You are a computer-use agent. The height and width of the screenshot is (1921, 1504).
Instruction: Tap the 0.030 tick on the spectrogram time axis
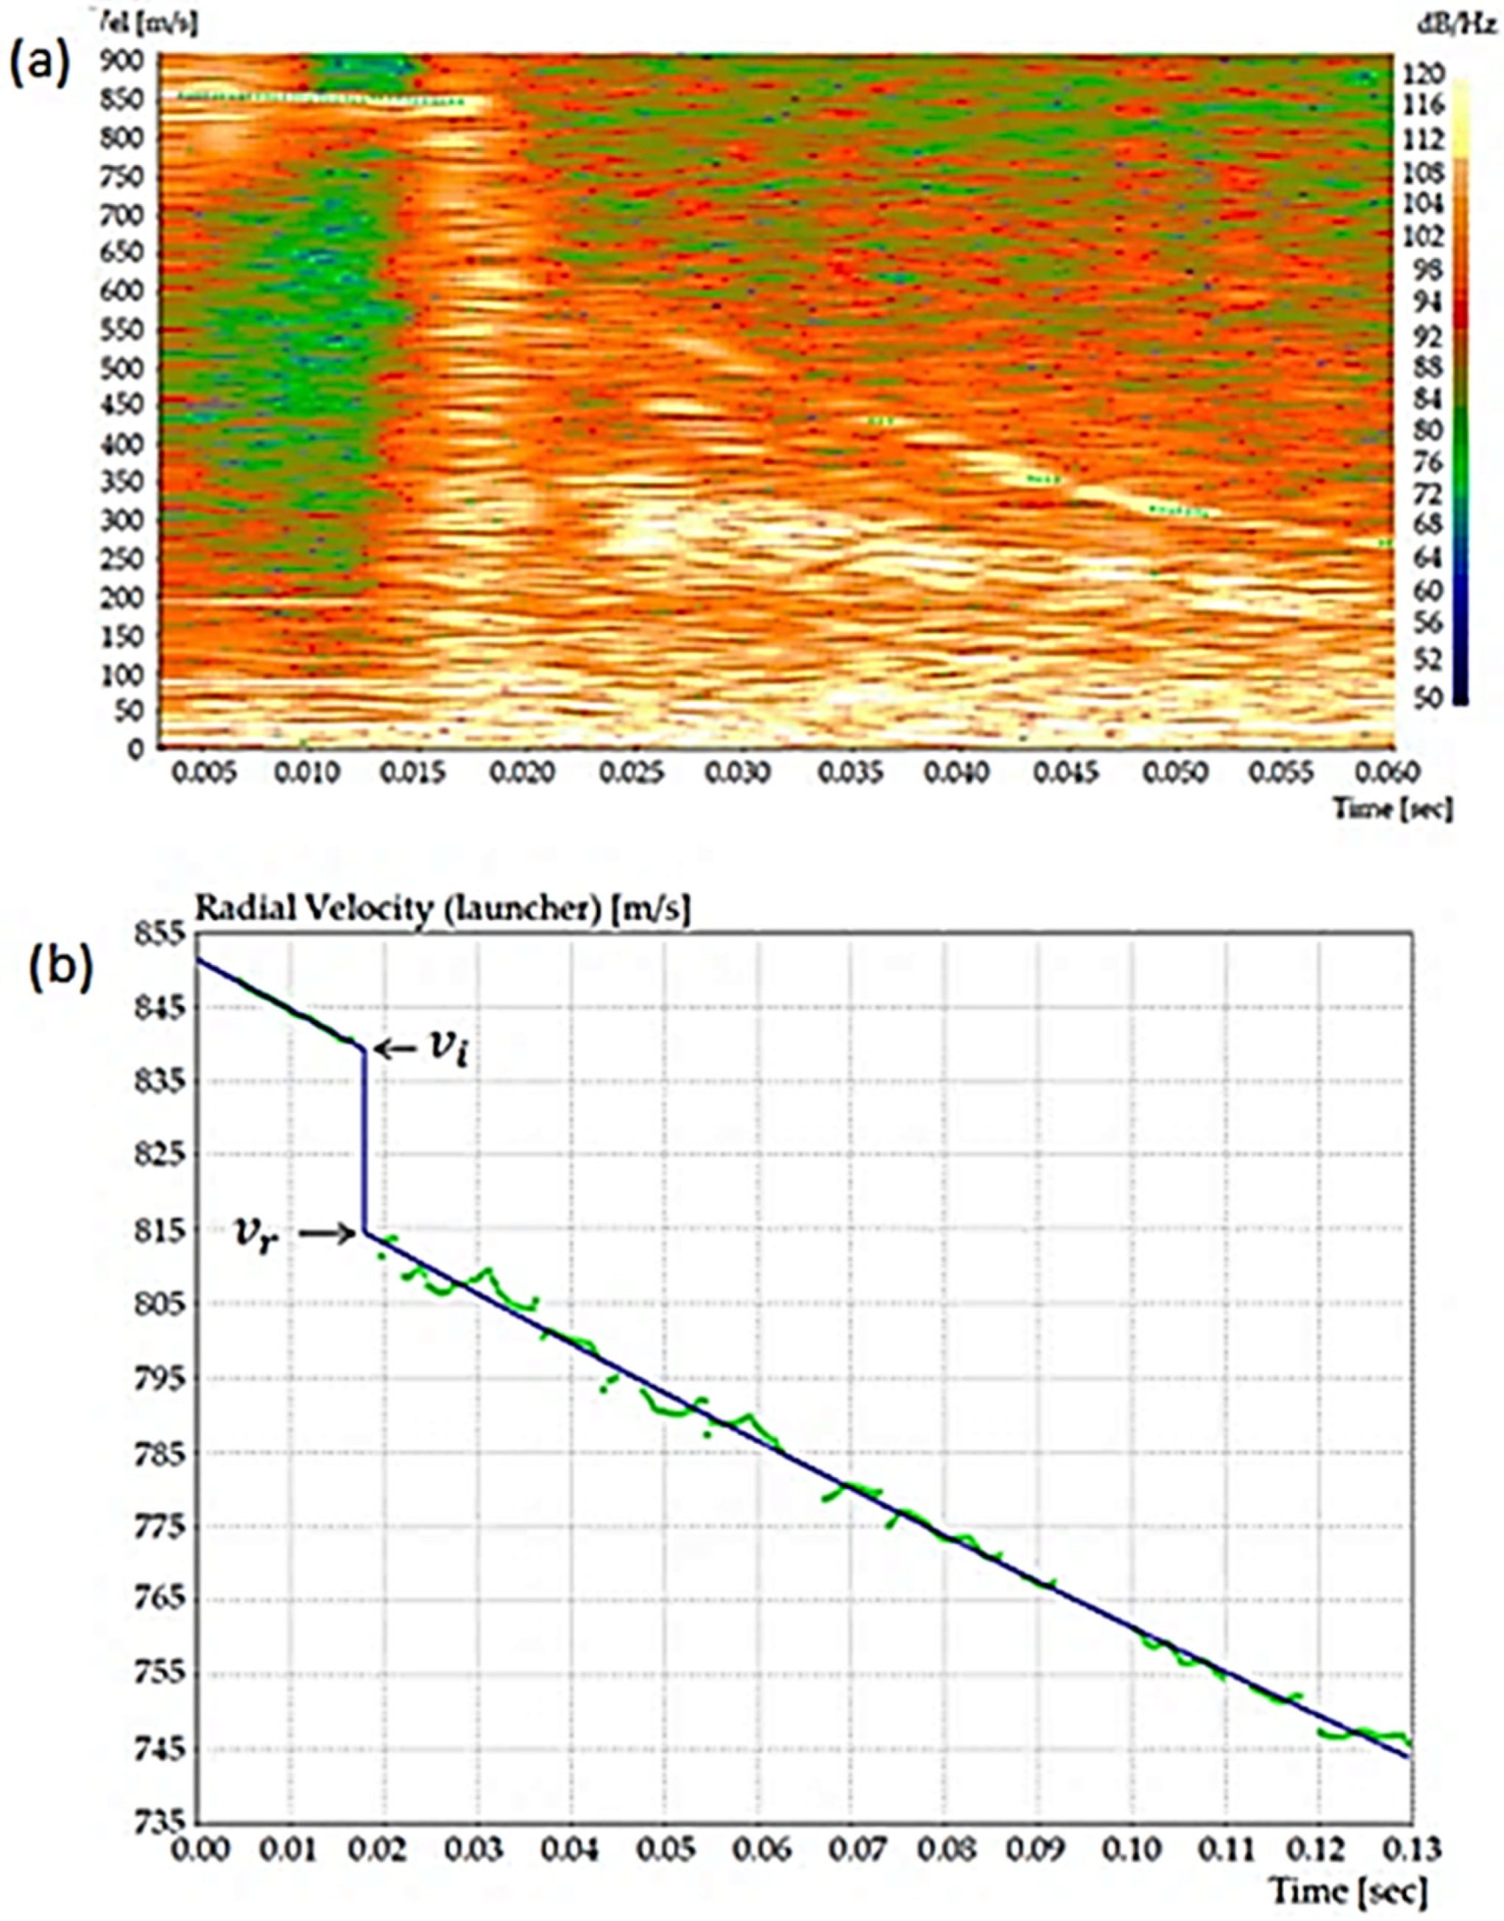(738, 774)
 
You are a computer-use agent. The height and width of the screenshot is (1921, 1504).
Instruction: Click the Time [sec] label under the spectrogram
(1391, 807)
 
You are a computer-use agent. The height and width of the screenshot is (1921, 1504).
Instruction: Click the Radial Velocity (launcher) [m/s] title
(442, 910)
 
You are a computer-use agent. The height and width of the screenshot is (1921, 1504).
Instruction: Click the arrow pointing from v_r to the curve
(326, 1235)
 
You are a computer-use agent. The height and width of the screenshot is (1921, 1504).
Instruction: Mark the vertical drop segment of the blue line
(364, 1145)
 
